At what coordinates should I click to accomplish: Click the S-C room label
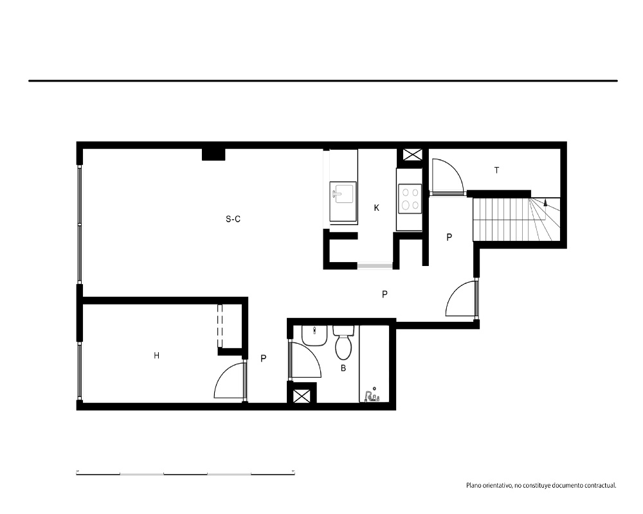[233, 219]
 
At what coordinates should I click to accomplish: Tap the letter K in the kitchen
[376, 208]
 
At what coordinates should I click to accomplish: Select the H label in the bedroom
[156, 356]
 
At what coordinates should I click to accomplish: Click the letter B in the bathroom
[343, 369]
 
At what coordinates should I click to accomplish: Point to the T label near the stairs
[496, 170]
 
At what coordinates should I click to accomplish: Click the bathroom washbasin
[314, 335]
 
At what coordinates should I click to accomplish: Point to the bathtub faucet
[372, 396]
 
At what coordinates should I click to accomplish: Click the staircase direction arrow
[545, 202]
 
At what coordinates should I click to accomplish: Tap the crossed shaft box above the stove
[409, 155]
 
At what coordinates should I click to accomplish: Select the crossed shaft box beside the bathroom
[302, 396]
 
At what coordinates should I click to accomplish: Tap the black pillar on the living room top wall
[213, 154]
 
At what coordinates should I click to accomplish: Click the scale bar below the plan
[185, 474]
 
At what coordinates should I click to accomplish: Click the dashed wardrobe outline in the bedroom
[219, 326]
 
